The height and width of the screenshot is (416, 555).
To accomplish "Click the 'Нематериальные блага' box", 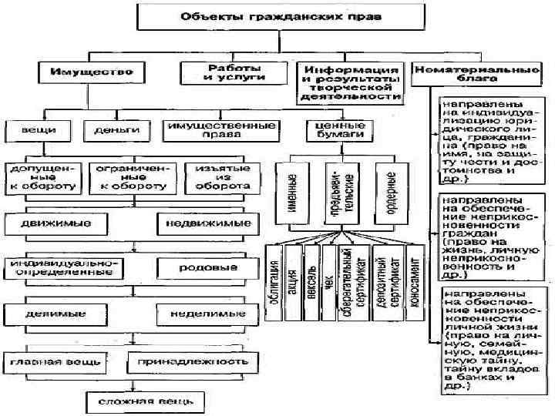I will pyautogui.click(x=476, y=74).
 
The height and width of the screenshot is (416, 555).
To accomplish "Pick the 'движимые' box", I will pyautogui.click(x=60, y=224).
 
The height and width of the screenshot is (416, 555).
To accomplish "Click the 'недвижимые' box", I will pyautogui.click(x=204, y=224).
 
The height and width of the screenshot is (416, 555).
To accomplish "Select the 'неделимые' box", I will pyautogui.click(x=204, y=314).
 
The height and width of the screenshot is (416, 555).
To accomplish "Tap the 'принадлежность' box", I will pyautogui.click(x=193, y=361).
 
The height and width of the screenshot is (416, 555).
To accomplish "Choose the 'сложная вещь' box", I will pyautogui.click(x=144, y=401).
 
